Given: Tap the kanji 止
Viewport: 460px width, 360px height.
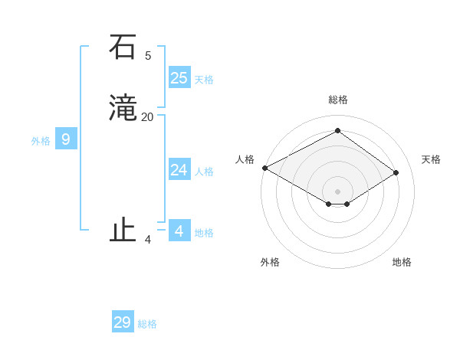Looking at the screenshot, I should point(122,230).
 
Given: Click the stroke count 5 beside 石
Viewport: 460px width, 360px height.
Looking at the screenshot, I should point(148,55).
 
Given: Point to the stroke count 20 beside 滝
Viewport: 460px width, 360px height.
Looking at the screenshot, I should point(148,117).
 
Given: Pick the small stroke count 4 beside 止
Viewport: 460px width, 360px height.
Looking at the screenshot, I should point(148,240).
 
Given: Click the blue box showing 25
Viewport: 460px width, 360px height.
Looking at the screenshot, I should point(179,77).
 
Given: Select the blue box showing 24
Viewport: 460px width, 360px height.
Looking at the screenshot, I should point(179,170).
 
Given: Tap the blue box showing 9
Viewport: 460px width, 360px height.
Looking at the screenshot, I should point(66,139).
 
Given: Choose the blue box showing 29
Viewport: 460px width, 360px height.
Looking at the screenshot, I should point(123,322).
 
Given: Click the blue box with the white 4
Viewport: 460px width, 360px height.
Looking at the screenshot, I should point(179,231).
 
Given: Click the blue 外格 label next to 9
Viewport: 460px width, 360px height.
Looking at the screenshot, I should point(41,141).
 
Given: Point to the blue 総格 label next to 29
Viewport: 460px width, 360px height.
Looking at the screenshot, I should point(147,324).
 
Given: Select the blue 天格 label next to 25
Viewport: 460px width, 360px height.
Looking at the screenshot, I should point(204,79).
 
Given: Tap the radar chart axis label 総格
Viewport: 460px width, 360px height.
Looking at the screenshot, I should point(337,100).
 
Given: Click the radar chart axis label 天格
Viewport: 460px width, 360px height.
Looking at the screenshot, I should point(432,159).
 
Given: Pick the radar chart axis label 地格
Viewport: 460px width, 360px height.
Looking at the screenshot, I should point(402,262).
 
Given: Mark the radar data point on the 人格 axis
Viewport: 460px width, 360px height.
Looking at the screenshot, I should point(264,168).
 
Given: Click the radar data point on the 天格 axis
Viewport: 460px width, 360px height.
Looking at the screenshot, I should point(396,172).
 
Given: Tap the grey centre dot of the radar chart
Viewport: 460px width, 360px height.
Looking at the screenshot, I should point(337,191).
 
